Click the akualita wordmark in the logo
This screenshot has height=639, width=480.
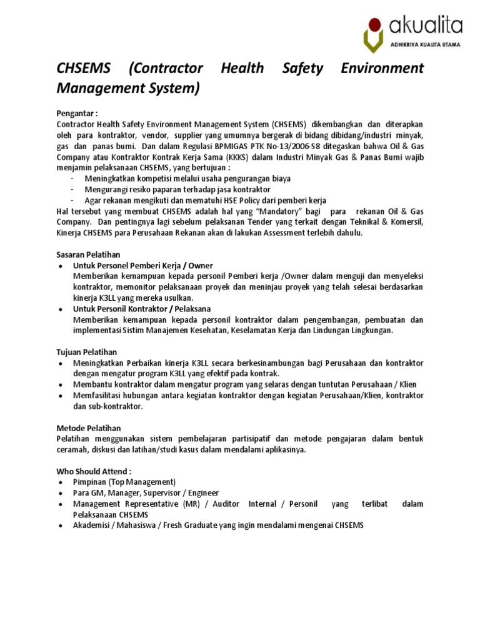pos(426,26)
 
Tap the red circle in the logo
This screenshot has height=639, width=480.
pos(374,26)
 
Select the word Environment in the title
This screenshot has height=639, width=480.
pos(382,68)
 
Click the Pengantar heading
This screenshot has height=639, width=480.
pos(77,114)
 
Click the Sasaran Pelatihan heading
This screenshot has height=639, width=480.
pos(88,254)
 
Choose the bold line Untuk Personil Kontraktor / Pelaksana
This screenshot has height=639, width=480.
pos(142,309)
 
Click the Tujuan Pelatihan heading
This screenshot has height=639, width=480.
pos(87,352)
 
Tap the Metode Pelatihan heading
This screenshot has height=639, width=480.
pos(89,428)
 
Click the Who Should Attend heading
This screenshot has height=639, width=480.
pos(94,471)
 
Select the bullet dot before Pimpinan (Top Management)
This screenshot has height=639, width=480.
pos(60,482)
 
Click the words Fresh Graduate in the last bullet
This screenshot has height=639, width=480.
pos(191,525)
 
